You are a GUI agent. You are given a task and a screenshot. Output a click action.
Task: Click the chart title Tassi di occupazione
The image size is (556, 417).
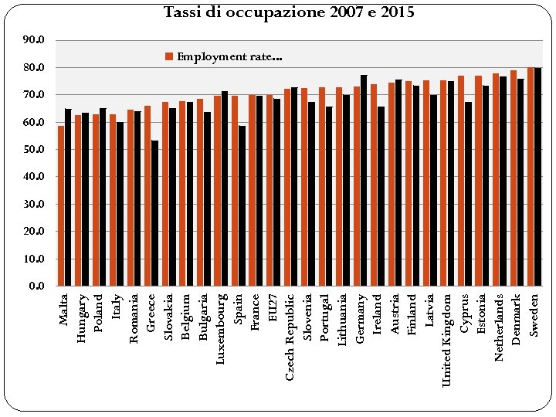289,12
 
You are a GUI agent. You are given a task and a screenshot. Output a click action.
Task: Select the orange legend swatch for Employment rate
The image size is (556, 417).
170,56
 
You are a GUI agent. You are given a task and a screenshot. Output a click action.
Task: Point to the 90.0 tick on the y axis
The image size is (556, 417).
35,40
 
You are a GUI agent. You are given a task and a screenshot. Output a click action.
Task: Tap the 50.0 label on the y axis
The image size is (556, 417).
35,149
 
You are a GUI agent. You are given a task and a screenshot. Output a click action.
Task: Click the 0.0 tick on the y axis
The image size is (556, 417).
37,286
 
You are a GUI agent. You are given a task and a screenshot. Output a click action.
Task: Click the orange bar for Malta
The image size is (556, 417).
61,205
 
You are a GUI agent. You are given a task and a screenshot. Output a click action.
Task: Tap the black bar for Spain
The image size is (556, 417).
242,205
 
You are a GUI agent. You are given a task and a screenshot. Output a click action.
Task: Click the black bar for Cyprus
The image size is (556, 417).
468,194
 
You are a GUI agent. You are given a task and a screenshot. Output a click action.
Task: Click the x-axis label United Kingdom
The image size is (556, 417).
446,340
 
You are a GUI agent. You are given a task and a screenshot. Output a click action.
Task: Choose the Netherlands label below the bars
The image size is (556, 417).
499,327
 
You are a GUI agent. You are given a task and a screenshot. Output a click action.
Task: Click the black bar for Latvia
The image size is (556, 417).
433,190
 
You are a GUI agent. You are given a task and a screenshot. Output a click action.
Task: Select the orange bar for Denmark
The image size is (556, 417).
514,178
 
